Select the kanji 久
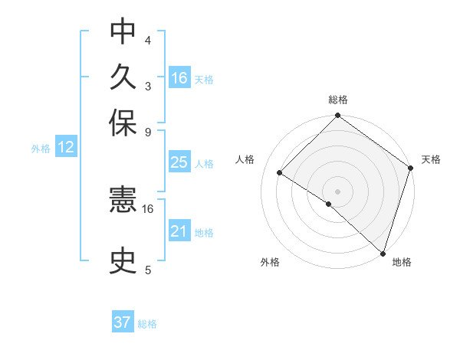click(x=123, y=77)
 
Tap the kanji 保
click(x=123, y=123)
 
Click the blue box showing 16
click(x=179, y=77)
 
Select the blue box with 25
click(x=179, y=162)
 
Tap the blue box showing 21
click(x=179, y=231)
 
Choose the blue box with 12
click(x=66, y=148)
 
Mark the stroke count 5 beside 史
click(x=148, y=270)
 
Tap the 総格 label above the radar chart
click(x=338, y=100)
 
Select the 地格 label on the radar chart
click(x=402, y=262)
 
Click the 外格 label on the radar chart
click(x=270, y=262)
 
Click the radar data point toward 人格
click(x=280, y=173)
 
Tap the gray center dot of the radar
click(x=337, y=191)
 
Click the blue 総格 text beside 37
click(x=147, y=324)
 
